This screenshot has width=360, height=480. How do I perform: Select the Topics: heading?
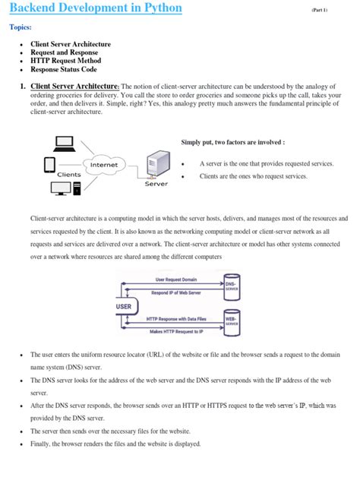point(21,28)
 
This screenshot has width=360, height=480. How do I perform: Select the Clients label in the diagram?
point(69,174)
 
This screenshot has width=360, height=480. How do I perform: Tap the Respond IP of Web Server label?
point(176,292)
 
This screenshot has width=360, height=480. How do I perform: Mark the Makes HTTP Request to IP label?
point(176,332)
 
